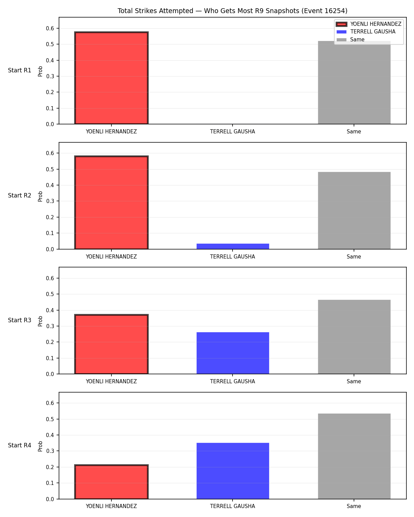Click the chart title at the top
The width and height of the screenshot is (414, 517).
click(233, 11)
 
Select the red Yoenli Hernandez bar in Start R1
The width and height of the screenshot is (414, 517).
click(111, 78)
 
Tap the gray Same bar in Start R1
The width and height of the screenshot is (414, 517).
click(354, 82)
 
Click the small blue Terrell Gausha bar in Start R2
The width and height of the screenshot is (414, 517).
click(233, 246)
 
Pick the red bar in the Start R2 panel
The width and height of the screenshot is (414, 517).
click(111, 202)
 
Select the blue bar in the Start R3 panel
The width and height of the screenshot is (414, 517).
click(233, 353)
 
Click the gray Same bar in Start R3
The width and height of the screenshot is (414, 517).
click(354, 337)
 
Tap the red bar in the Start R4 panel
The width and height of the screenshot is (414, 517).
click(111, 482)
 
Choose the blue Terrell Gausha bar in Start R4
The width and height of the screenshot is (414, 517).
click(233, 471)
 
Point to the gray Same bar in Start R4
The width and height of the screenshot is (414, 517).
click(354, 456)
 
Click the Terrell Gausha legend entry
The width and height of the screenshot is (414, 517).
click(366, 32)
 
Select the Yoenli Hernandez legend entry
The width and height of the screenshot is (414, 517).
click(369, 24)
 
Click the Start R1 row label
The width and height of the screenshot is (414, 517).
click(19, 70)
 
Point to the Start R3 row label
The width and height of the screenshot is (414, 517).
click(19, 320)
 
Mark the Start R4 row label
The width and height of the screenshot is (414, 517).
click(19, 445)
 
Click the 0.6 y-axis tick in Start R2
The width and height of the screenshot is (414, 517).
click(50, 153)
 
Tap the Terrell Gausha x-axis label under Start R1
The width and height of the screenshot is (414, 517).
click(233, 132)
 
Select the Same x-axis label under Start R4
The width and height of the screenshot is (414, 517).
click(354, 506)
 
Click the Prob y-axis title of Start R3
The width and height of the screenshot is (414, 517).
click(40, 321)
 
